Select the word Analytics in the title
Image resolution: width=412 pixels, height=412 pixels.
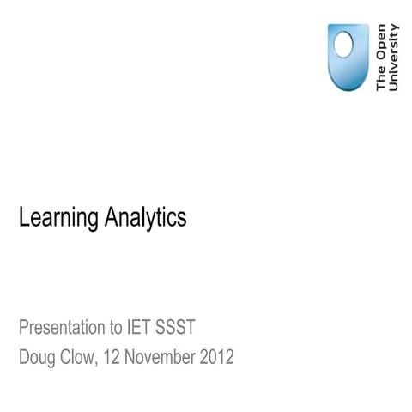click(145, 218)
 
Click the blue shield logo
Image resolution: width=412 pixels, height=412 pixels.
click(348, 57)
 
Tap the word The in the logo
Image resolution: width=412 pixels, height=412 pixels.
click(381, 80)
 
